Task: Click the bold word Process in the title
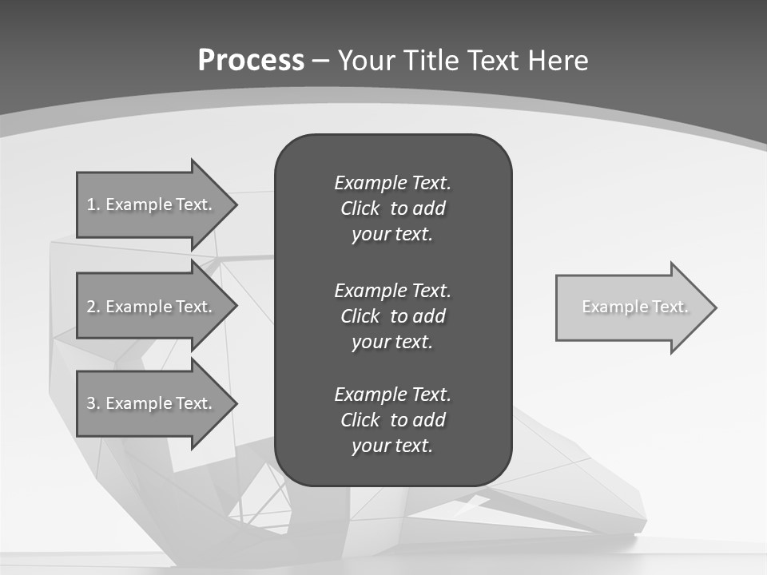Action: tap(251, 61)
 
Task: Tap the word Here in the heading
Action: tap(558, 61)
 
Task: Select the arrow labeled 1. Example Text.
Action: tap(152, 204)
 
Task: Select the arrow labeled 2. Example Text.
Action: tap(152, 307)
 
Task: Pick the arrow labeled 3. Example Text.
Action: tap(152, 403)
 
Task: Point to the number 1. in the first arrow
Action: tap(93, 204)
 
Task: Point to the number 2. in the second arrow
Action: tap(93, 307)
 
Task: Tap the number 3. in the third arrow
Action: tap(93, 403)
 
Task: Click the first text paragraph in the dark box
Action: tap(392, 208)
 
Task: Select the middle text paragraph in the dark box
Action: tap(392, 316)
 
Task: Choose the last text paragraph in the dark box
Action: tap(392, 420)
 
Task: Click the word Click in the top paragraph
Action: tap(360, 208)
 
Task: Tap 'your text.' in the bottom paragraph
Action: tap(392, 446)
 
